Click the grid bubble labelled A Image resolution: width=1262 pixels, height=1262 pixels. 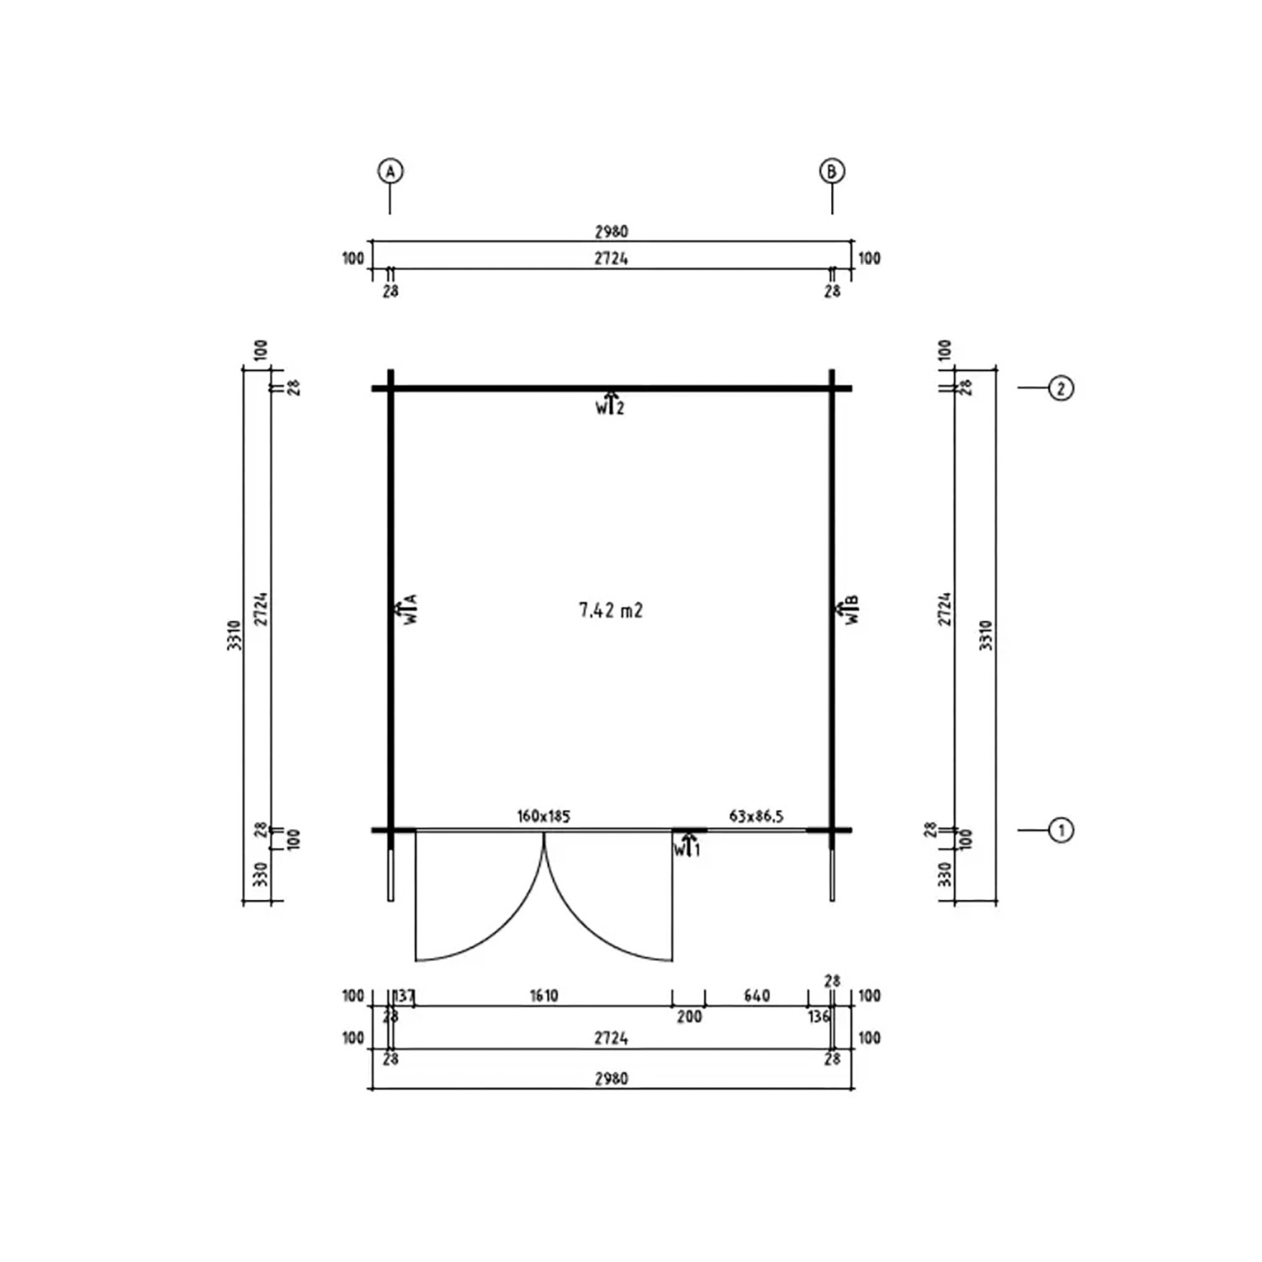coord(390,171)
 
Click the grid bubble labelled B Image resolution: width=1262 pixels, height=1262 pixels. coord(831,171)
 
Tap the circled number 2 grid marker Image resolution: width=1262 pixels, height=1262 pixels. coord(1061,388)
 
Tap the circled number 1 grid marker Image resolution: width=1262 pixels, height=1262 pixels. coord(1061,830)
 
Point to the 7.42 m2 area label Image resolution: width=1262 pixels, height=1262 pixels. coord(611,610)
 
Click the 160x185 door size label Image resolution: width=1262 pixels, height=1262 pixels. coord(544,815)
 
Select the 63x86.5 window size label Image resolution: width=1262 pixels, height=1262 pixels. coord(756,815)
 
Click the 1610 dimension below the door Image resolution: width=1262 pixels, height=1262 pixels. coord(544,995)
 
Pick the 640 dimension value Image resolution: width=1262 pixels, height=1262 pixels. coord(756,995)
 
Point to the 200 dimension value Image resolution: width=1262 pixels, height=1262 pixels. coord(689,1016)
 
